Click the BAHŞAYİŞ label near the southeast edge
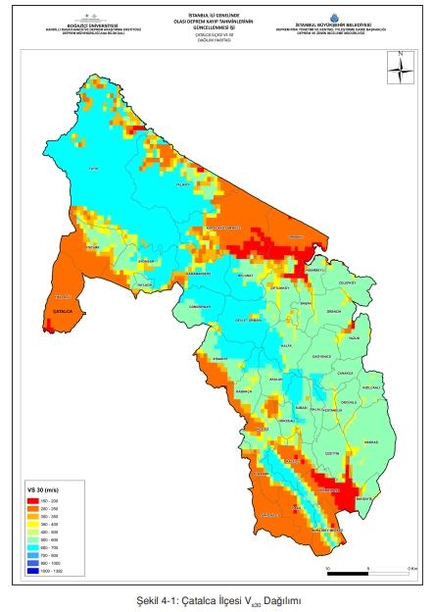pyautogui.click(x=391, y=499)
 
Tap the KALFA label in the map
pyautogui.click(x=287, y=345)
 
